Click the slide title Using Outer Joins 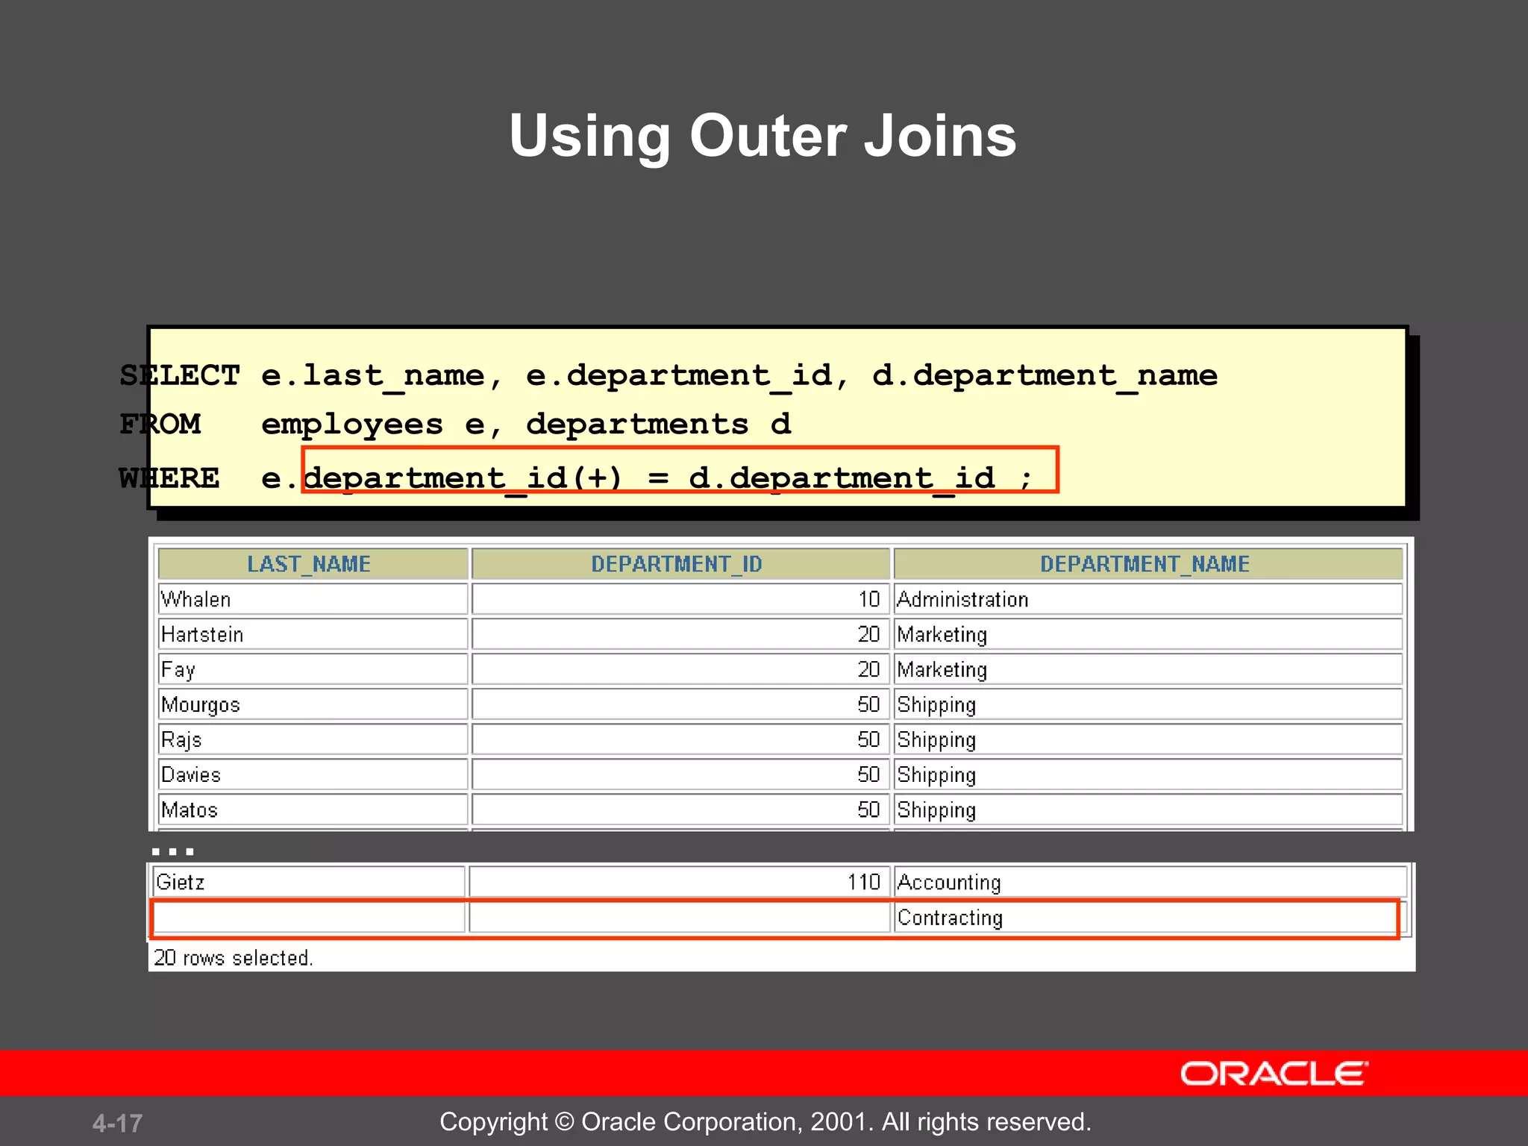(x=763, y=136)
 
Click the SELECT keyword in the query (x=180, y=375)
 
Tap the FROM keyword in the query (x=160, y=425)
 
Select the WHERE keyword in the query (x=169, y=478)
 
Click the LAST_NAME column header (x=309, y=564)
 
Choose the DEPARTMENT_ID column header (x=677, y=564)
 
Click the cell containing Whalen (x=196, y=599)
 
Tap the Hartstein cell (x=202, y=634)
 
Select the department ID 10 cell (x=868, y=599)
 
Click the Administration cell (x=962, y=599)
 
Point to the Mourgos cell (x=201, y=704)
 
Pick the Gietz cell (x=181, y=882)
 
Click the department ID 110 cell (x=863, y=882)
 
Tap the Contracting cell (x=950, y=917)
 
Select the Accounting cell (x=948, y=882)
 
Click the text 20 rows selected (x=233, y=957)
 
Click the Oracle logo (x=1274, y=1074)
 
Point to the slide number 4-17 (x=117, y=1123)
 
